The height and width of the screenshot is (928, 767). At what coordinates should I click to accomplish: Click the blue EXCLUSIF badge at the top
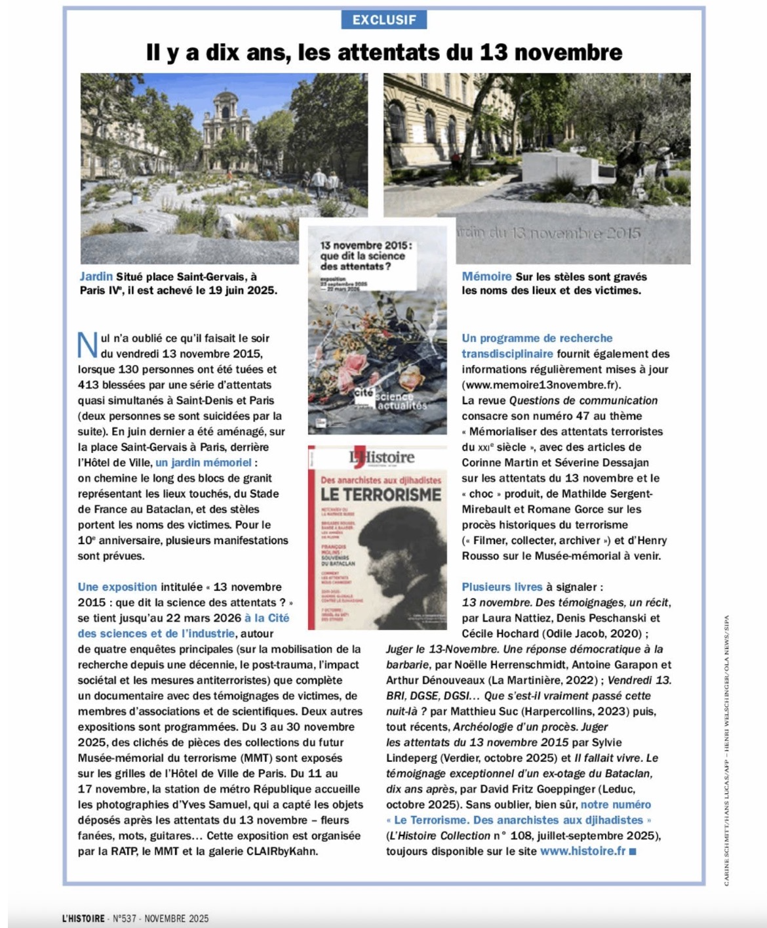click(x=384, y=20)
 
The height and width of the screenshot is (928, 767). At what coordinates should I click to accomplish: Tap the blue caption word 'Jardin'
click(x=96, y=276)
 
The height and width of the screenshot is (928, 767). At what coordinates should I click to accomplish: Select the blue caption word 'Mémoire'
click(x=486, y=276)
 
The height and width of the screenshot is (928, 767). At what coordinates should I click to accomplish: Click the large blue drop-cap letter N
click(x=87, y=345)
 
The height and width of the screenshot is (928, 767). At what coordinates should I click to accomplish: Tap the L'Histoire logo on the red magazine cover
click(x=382, y=457)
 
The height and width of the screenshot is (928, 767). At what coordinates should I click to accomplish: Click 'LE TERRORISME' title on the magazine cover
click(x=381, y=494)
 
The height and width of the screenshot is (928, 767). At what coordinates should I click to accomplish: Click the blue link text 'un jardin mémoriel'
click(x=203, y=462)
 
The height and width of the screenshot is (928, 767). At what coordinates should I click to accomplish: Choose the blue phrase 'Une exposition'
click(x=117, y=587)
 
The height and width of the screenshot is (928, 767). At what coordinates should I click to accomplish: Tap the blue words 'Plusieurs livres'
click(x=502, y=587)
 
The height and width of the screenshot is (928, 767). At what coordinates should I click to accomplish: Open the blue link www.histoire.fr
click(x=583, y=851)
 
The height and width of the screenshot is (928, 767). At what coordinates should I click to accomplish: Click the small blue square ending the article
click(x=633, y=852)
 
